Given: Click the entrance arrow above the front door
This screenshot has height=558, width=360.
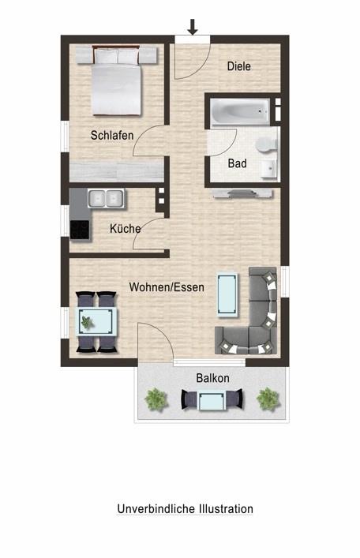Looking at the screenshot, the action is pyautogui.click(x=193, y=27).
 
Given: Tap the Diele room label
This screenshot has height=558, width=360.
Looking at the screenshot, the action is pyautogui.click(x=239, y=66).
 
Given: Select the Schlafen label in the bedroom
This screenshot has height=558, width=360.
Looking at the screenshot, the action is pyautogui.click(x=112, y=135).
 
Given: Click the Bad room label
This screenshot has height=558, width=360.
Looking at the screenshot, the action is pyautogui.click(x=237, y=163).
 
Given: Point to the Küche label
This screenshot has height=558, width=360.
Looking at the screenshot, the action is pyautogui.click(x=125, y=228).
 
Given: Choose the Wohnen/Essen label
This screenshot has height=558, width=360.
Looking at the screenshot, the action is pyautogui.click(x=167, y=287).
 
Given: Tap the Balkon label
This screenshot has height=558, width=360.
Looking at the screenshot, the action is pyautogui.click(x=212, y=378).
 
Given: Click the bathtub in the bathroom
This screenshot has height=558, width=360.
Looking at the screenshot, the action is pyautogui.click(x=240, y=112).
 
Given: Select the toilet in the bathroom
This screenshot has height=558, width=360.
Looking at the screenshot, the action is pyautogui.click(x=266, y=144).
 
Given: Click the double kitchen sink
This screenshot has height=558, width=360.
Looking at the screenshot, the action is pyautogui.click(x=106, y=198).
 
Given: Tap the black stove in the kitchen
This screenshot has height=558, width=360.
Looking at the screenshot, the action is pyautogui.click(x=80, y=230).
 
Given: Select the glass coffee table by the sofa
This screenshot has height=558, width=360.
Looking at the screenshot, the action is pyautogui.click(x=227, y=294).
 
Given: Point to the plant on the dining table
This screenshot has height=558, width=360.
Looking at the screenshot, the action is pyautogui.click(x=87, y=323).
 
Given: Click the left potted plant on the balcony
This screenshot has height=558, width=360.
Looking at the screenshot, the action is pyautogui.click(x=156, y=399).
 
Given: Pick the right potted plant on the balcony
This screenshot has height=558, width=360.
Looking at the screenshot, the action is pyautogui.click(x=268, y=399).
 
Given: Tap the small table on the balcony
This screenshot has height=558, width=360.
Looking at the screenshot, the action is pyautogui.click(x=212, y=401).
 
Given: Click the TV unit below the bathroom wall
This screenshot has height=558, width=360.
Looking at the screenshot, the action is pyautogui.click(x=242, y=194).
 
